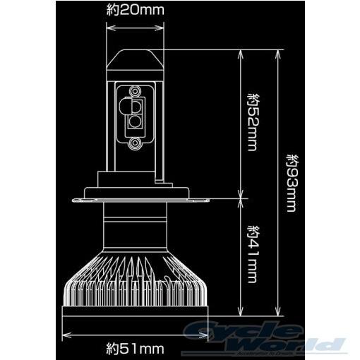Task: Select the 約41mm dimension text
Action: pyautogui.click(x=253, y=253)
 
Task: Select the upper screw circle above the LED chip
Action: pyautogui.click(x=135, y=90)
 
